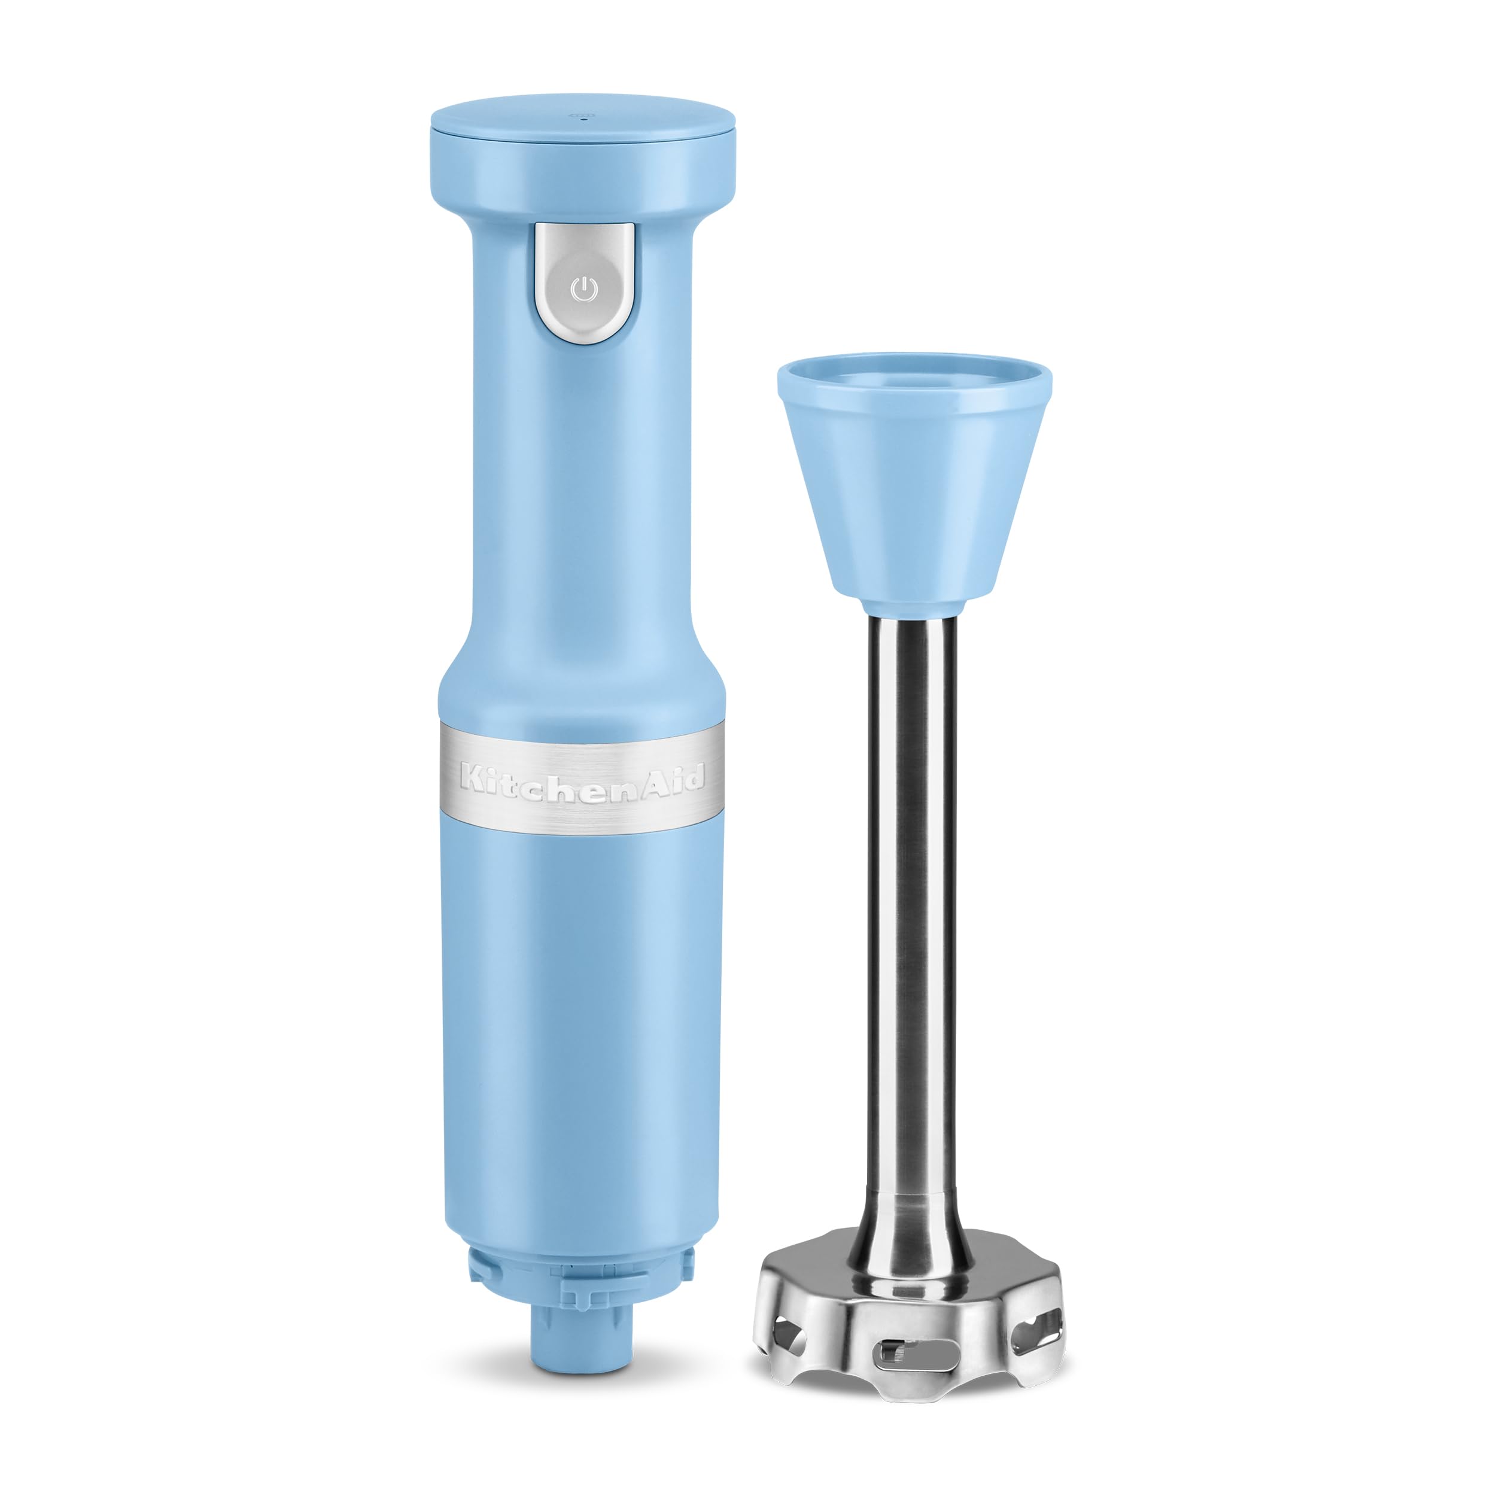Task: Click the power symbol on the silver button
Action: (x=584, y=290)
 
